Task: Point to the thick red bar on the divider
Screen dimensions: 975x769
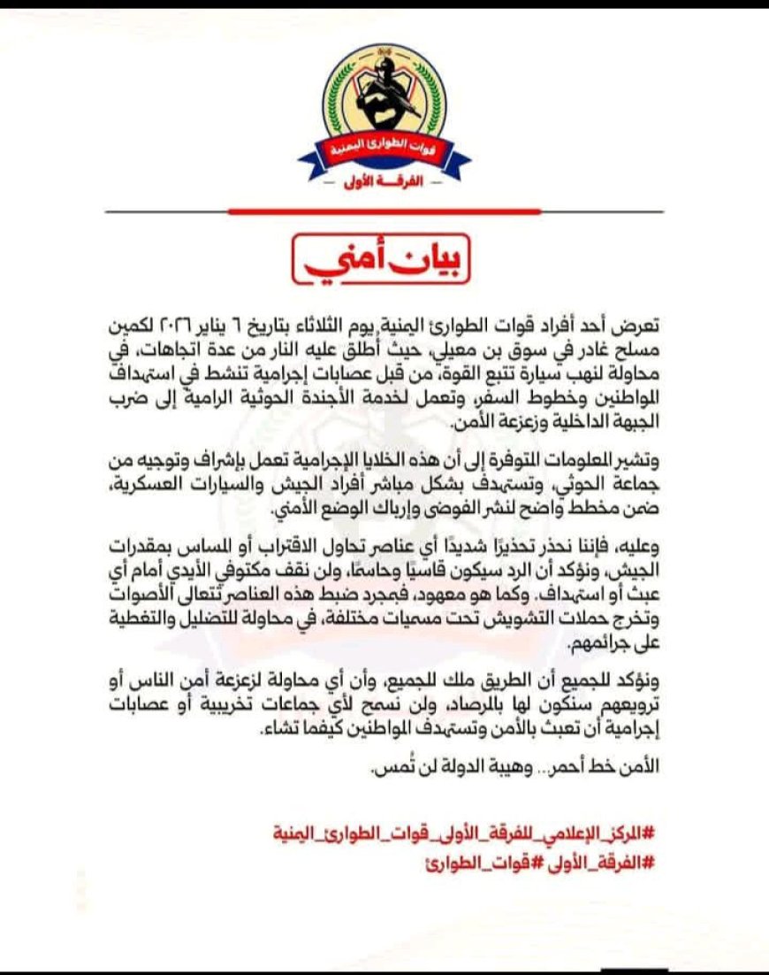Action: click(x=384, y=211)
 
